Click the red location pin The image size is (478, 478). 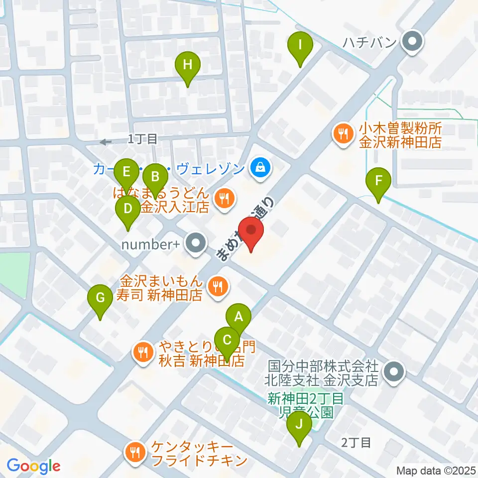[251, 233]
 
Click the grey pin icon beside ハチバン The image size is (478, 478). [411, 41]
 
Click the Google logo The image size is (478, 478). [33, 466]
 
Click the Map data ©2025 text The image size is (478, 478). [436, 471]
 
